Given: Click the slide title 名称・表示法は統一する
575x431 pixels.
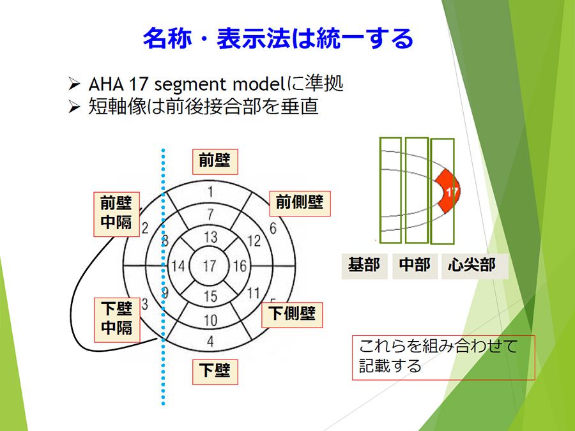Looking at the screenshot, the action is [278, 38].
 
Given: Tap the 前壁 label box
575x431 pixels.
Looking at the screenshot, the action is [215, 162].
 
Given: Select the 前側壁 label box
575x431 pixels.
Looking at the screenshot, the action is [300, 204].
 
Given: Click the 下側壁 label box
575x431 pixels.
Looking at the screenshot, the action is [292, 315].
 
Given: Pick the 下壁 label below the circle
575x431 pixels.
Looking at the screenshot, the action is [215, 372].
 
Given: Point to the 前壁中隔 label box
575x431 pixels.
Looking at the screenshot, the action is [117, 214].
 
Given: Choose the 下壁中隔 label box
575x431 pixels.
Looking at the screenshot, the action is [117, 320].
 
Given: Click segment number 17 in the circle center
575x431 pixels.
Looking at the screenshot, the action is [210, 266].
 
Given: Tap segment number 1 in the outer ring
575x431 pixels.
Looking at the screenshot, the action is [210, 192].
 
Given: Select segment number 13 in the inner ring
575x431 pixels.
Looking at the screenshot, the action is [211, 237].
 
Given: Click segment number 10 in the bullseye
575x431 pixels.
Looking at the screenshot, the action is [211, 321].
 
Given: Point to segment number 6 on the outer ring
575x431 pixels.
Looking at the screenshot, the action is [273, 229].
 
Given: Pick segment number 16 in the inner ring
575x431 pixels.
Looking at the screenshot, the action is [240, 266].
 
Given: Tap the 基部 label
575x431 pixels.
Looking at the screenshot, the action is [364, 266].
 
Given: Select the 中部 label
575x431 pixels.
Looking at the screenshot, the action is [415, 266].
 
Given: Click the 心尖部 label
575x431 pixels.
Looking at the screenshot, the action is [475, 266].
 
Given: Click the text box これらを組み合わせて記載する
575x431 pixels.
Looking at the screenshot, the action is [443, 358].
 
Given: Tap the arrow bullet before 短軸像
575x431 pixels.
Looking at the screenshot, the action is [74, 107].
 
